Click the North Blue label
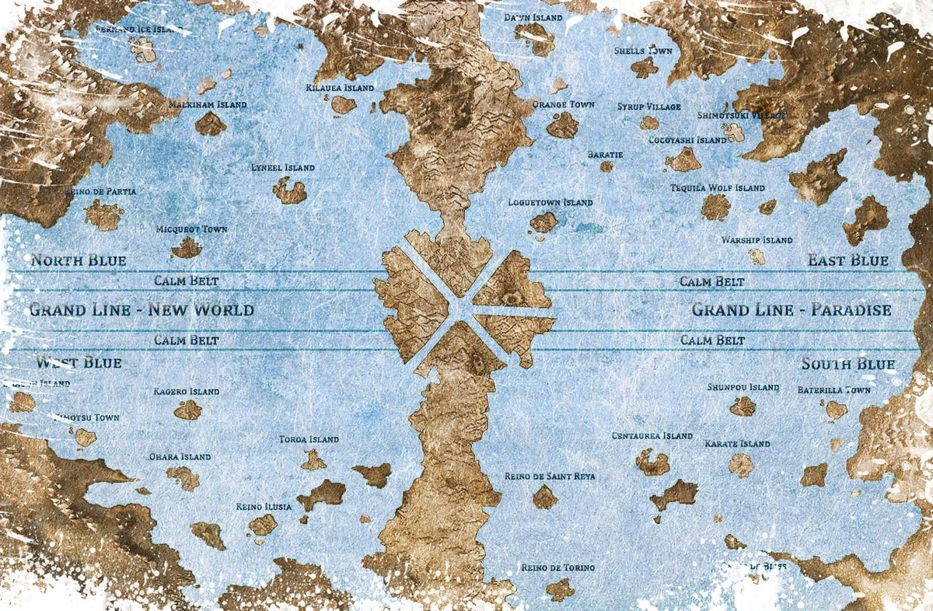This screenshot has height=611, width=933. click(78, 260)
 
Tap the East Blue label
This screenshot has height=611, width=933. click(847, 260)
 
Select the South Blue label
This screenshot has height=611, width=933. click(848, 364)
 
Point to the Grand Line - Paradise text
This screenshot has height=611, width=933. click(791, 310)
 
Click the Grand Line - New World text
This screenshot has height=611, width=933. click(142, 310)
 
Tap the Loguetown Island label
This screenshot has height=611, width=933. click(550, 203)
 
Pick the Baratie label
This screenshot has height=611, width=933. click(605, 155)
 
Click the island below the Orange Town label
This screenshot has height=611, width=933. click(562, 126)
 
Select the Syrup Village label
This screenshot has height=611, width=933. click(649, 106)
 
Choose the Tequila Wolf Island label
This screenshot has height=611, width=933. click(718, 188)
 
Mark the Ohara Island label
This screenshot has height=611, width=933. click(180, 457)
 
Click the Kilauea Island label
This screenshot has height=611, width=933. click(340, 88)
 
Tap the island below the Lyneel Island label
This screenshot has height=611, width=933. click(290, 190)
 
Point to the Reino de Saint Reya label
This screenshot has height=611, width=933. click(550, 476)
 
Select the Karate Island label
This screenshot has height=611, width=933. click(737, 444)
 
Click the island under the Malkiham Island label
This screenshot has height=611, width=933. click(210, 124)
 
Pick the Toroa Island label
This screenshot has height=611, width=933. click(309, 440)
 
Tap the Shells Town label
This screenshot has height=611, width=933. click(643, 51)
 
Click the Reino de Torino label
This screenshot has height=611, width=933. click(557, 568)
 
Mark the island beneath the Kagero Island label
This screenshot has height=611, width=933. click(187, 410)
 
